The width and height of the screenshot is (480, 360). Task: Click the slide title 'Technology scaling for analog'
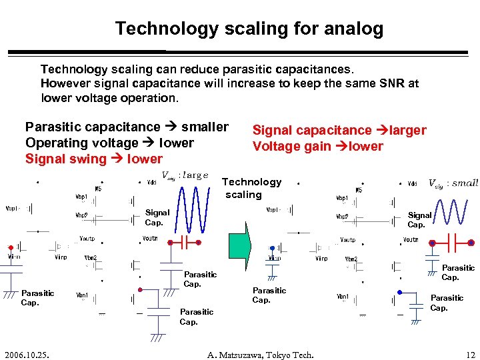[x=249, y=29]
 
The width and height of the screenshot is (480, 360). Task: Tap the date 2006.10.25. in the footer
[x=28, y=355]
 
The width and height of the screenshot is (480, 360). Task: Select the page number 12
[x=469, y=355]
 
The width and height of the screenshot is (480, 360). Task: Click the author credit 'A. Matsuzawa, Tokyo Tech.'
[x=260, y=355]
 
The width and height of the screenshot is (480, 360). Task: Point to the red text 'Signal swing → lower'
[x=93, y=159]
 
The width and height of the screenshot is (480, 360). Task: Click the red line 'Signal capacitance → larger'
[x=339, y=130]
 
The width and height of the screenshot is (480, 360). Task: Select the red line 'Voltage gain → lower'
[x=317, y=146]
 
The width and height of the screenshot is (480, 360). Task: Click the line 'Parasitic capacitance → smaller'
[x=127, y=127]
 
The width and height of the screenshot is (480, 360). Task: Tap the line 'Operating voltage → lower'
[x=109, y=143]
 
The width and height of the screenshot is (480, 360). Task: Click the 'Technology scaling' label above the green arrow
[x=251, y=188]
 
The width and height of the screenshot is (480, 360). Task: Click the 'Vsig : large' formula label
[x=185, y=175]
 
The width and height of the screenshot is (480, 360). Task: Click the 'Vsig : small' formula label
[x=453, y=183]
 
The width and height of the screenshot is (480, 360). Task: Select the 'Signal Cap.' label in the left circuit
[x=157, y=217]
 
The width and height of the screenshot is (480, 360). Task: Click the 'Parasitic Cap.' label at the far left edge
[x=37, y=297]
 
